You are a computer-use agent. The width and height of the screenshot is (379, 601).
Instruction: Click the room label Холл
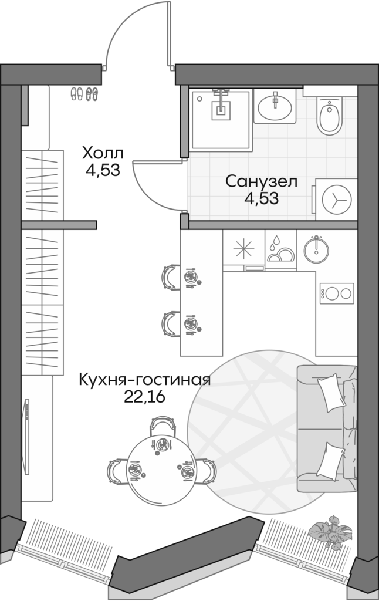click(x=103, y=154)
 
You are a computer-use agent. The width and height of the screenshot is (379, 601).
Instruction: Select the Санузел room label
click(x=262, y=181)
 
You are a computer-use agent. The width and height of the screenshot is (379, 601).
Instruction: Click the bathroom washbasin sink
click(x=274, y=106)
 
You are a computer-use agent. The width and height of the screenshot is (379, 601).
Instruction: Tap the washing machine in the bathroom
click(x=336, y=199)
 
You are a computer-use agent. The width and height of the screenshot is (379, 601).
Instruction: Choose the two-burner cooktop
click(x=336, y=292)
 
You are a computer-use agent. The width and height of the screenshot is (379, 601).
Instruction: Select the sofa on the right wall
click(x=327, y=429)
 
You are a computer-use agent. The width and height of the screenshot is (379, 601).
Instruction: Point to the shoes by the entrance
click(x=84, y=93)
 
